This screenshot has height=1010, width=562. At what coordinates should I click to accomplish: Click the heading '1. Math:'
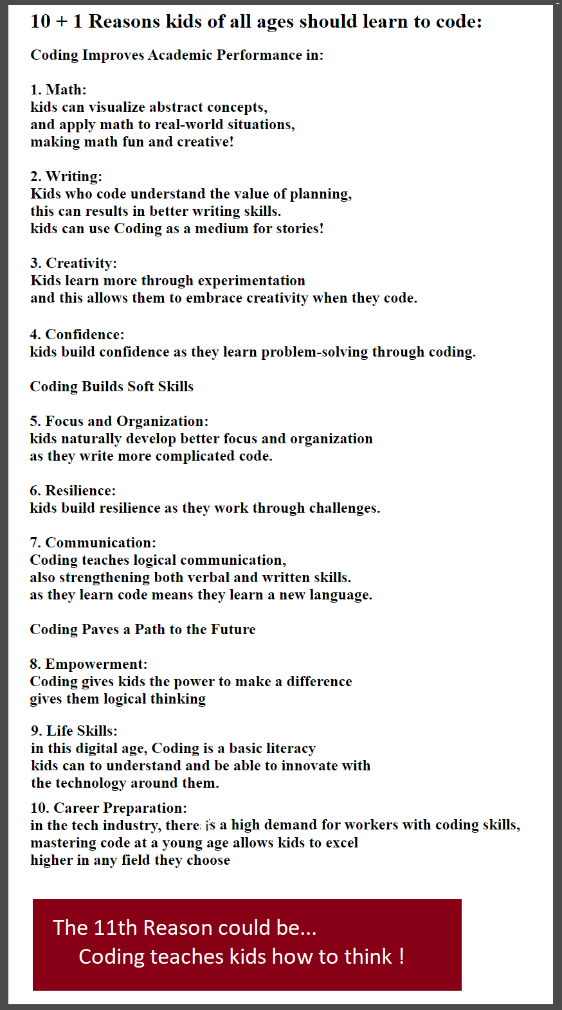click(x=58, y=89)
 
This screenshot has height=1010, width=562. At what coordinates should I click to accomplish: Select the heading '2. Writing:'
click(x=66, y=176)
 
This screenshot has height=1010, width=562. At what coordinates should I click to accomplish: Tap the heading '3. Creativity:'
click(x=73, y=263)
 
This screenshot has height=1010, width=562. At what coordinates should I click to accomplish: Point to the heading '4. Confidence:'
click(x=77, y=334)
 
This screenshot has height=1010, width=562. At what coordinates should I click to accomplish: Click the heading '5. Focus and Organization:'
click(x=119, y=421)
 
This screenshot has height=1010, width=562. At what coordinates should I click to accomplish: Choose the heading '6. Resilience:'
click(x=73, y=490)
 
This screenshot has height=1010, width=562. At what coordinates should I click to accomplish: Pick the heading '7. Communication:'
click(x=93, y=542)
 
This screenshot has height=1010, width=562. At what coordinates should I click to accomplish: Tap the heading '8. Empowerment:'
click(x=89, y=664)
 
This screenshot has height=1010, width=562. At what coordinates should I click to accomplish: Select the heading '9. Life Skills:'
click(x=74, y=731)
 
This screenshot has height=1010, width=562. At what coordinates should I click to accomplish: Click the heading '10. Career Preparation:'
click(x=109, y=808)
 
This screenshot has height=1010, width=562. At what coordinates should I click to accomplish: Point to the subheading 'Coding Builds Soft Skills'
click(x=111, y=386)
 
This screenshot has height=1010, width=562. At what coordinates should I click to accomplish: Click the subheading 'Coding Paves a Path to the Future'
click(x=142, y=629)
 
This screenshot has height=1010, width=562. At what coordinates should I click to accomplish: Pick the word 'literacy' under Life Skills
click(x=291, y=748)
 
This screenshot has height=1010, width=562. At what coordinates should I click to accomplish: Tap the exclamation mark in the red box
click(x=401, y=956)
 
